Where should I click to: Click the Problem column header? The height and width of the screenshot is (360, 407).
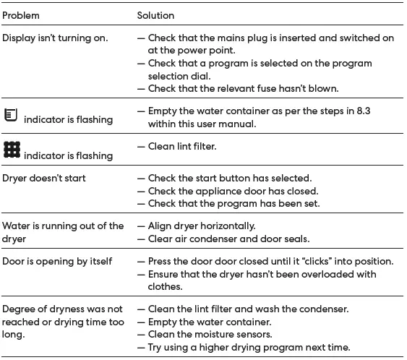21,15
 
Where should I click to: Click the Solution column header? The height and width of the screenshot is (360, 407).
155,15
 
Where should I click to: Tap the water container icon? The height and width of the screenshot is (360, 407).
11,115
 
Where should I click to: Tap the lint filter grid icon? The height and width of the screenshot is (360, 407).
12,150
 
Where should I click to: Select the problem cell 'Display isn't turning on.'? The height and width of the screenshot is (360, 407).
55,38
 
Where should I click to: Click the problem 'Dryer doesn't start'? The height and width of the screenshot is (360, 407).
44,178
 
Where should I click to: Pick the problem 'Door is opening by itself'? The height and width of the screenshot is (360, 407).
58,261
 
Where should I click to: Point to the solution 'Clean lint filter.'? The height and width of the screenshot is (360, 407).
182,146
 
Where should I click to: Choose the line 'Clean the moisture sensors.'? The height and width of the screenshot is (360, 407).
210,334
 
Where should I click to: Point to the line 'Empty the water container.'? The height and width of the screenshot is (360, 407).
209,322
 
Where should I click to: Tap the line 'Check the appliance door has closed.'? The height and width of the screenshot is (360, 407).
233,191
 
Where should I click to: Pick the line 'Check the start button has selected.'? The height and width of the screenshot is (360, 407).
230,178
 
